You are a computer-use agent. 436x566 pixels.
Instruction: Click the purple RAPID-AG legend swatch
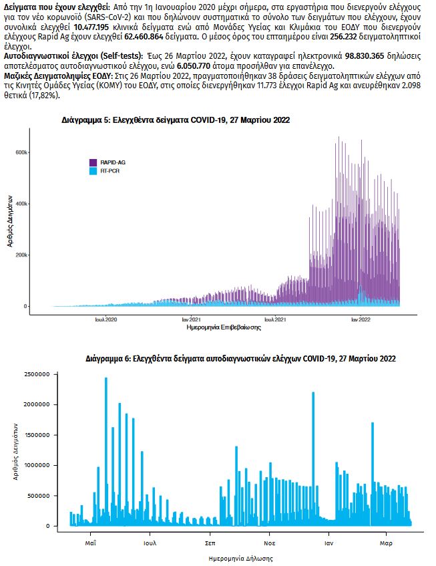point(94,162)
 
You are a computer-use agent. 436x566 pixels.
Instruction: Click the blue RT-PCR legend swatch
point(94,171)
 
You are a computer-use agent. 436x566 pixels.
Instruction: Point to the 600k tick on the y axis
point(21,152)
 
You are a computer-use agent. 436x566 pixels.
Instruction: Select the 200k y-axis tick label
point(21,255)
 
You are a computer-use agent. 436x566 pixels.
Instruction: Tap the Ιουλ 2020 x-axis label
point(107,320)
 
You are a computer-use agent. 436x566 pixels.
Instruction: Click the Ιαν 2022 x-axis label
point(361,320)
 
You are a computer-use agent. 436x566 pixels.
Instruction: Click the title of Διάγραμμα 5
point(176,120)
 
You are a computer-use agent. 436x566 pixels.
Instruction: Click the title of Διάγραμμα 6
point(241,359)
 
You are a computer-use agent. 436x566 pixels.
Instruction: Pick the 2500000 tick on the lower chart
point(48,374)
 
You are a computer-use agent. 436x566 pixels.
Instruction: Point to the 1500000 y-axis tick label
point(48,435)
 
